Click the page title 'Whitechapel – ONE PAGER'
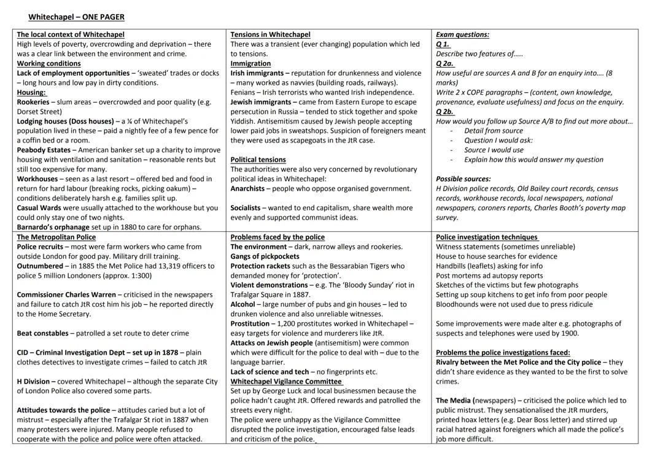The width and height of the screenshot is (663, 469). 76,17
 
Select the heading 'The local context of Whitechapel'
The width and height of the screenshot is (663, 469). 70,34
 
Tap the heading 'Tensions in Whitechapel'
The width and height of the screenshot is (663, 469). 270,34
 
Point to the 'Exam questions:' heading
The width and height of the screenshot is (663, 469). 462,34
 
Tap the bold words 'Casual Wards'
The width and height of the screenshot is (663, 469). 39,208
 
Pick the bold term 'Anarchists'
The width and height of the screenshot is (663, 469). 249,189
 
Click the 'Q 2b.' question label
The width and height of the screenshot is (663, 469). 445,112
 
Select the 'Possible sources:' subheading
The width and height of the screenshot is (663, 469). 463,179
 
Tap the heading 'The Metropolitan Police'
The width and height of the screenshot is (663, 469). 56,237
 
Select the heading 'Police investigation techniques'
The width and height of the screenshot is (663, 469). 486,237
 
